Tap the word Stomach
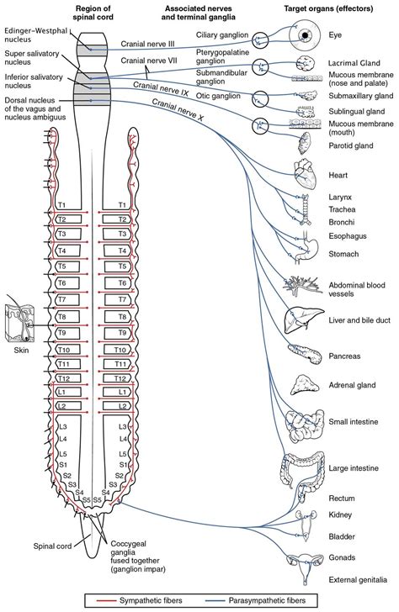(344, 254)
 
